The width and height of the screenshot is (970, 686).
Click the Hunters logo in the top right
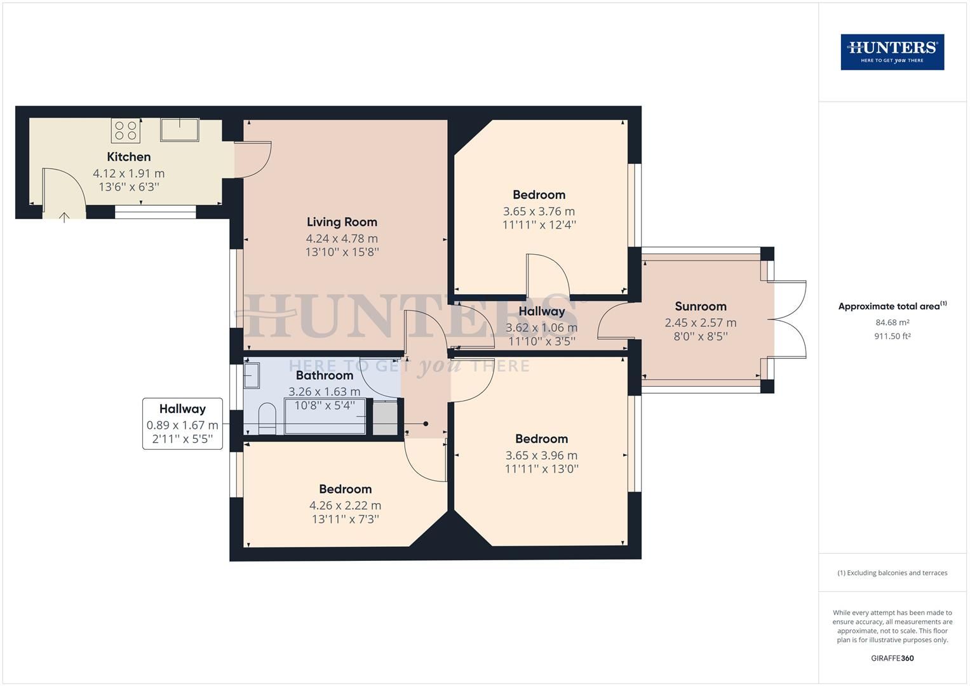tap(892, 52)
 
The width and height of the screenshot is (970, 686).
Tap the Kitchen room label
tap(128, 157)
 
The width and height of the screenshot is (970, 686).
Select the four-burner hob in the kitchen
tap(126, 130)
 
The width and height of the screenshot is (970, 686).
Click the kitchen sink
tap(180, 130)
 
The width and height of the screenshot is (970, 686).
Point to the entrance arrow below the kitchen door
tap(64, 217)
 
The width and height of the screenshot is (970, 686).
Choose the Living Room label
tap(342, 222)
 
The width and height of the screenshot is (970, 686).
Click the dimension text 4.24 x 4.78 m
tap(342, 239)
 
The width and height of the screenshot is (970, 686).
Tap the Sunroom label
tap(700, 307)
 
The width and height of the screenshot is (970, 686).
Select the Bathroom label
tap(325, 375)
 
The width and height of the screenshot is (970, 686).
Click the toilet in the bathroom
tap(267, 419)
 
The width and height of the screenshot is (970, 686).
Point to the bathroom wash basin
tap(252, 375)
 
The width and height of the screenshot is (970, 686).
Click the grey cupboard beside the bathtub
tap(384, 418)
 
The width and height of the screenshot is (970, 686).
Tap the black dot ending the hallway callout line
tap(426, 424)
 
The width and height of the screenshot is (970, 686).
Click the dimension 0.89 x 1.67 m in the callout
tap(182, 426)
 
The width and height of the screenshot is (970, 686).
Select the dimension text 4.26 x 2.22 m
tap(345, 506)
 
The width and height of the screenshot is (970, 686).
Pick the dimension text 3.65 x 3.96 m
tap(541, 455)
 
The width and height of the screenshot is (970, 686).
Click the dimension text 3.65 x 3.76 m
tap(539, 212)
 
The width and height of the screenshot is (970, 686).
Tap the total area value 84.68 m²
tap(892, 323)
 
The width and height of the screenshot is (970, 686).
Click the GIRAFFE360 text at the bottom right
tap(892, 658)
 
